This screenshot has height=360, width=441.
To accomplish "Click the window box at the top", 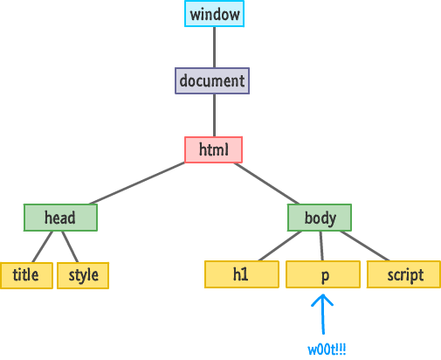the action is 214,14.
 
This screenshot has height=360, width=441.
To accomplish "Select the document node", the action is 212,80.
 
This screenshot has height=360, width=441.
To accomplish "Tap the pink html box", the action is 213,149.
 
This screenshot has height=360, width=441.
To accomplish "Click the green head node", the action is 60,218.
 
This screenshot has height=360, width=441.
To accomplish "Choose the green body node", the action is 320,218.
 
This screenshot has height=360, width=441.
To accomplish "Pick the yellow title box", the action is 26,275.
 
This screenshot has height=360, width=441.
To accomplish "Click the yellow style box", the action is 83,275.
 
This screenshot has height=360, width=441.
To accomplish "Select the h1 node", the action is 242,274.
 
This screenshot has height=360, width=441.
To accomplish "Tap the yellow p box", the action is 323,274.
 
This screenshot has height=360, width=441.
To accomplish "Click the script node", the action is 403,274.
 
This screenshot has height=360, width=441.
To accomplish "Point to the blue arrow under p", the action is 322,314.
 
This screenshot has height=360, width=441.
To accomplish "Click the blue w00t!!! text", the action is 327,350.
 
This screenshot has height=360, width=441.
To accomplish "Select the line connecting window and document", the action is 215,47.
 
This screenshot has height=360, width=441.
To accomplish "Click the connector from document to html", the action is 215,115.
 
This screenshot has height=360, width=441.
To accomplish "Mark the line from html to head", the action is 137,183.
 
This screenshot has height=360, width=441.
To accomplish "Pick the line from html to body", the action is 266,183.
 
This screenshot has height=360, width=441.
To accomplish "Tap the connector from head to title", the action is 43,246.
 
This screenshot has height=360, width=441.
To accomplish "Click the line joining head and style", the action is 70,246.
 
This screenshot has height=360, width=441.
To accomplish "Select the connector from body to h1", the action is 280,246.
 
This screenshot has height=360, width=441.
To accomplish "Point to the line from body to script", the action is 364,246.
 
